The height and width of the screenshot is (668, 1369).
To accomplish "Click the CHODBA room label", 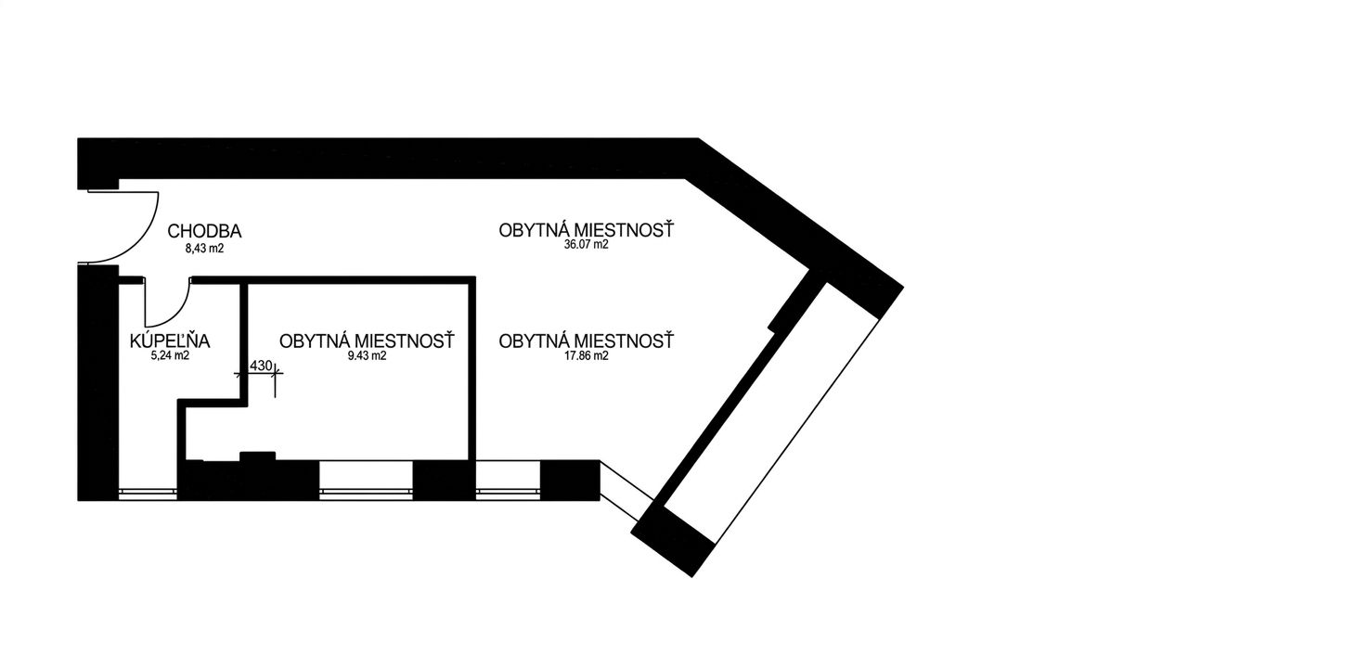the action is pyautogui.click(x=205, y=231).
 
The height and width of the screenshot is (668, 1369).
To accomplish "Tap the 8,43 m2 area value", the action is pyautogui.click(x=205, y=249).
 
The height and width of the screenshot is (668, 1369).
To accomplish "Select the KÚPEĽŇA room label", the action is pyautogui.click(x=170, y=340).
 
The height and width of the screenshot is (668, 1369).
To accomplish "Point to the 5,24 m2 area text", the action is pyautogui.click(x=170, y=355).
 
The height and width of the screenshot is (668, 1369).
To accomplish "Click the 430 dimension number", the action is pyautogui.click(x=261, y=366).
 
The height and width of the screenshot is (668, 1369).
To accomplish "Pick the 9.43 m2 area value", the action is pyautogui.click(x=367, y=355).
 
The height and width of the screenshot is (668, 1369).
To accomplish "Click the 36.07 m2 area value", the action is pyautogui.click(x=586, y=245).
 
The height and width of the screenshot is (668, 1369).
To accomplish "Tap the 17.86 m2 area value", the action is pyautogui.click(x=586, y=355).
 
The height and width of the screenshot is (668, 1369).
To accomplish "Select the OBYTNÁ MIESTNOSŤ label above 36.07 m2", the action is pyautogui.click(x=586, y=230).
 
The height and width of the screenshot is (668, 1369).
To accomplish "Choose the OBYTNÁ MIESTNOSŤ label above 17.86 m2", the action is pyautogui.click(x=586, y=341).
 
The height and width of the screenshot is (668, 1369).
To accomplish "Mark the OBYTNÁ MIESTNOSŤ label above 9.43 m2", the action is pyautogui.click(x=367, y=341).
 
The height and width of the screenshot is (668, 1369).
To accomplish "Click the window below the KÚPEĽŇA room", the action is pyautogui.click(x=148, y=493).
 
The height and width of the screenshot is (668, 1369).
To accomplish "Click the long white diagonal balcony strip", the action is pyautogui.click(x=771, y=414).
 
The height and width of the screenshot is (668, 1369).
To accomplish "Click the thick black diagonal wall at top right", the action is pyautogui.click(x=794, y=227).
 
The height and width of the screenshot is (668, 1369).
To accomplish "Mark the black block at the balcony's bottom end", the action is pyautogui.click(x=673, y=542).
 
